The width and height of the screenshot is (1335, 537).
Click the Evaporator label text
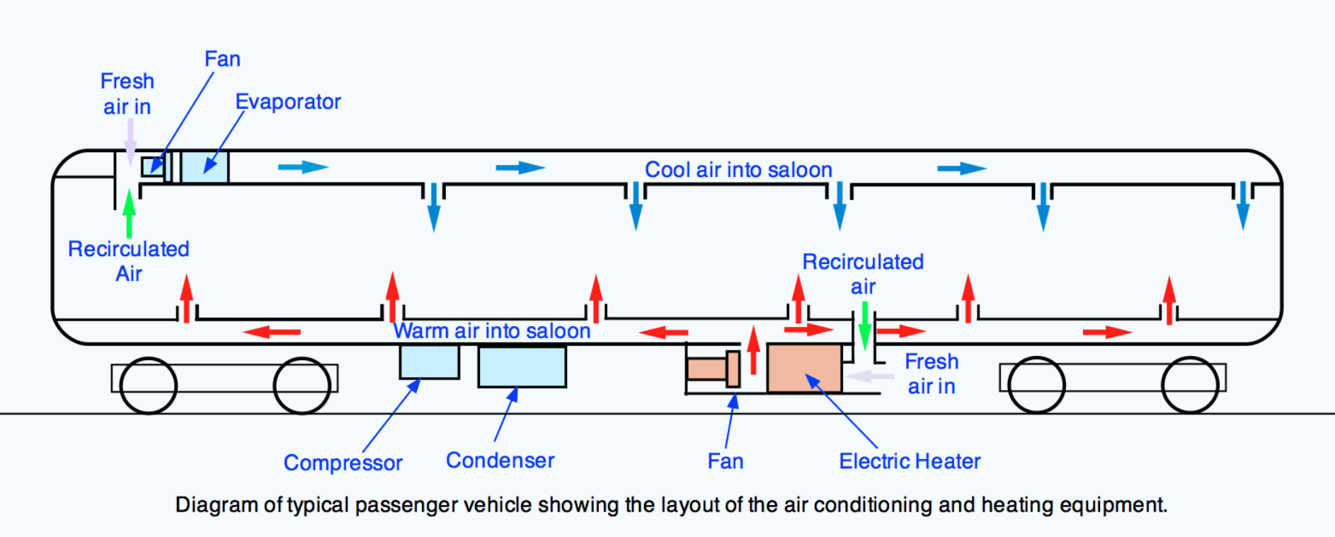tap(287, 102)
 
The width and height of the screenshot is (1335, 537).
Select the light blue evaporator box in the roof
tap(205, 168)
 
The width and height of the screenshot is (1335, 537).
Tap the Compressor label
tap(343, 463)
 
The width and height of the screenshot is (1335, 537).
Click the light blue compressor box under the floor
tap(429, 362)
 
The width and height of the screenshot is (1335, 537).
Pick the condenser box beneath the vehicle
tap(522, 366)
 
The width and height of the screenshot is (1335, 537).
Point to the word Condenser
tap(500, 461)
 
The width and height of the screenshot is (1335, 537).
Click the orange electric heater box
tap(804, 368)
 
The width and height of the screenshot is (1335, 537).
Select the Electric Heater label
tap(910, 461)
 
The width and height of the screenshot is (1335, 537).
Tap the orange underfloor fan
tap(713, 369)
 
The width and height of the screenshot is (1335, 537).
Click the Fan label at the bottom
tap(726, 461)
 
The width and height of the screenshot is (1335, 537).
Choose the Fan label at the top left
tap(222, 59)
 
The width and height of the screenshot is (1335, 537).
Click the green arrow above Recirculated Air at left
tap(129, 213)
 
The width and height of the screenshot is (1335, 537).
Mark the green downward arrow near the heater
tap(864, 325)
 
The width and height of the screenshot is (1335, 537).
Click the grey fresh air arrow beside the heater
tap(869, 376)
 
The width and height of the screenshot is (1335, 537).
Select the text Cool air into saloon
tap(738, 170)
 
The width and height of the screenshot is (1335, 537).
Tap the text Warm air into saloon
tap(492, 330)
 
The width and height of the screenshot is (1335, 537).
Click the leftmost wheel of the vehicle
tap(149, 386)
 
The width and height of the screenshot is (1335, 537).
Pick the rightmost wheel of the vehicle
tap(1191, 386)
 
